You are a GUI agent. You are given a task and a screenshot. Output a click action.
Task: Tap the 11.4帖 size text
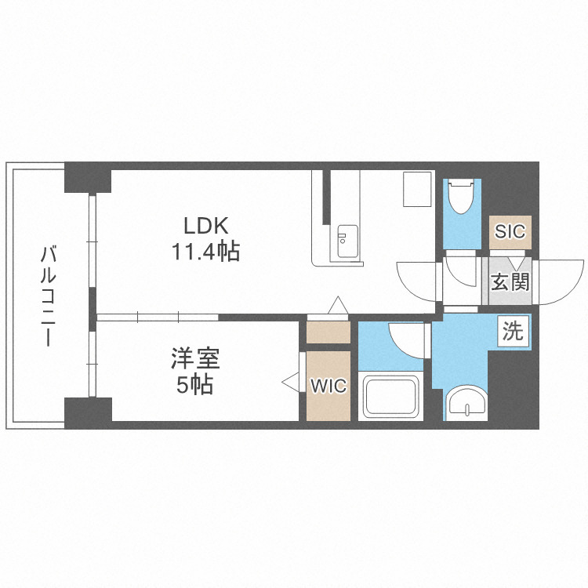pos(205,252)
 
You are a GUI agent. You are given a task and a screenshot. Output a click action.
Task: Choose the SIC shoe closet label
pos(510,231)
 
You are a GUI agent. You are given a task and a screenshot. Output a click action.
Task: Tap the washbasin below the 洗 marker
pos(467,402)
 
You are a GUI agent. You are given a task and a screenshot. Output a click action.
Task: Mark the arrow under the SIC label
pos(516,262)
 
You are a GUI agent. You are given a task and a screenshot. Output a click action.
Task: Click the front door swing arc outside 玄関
pos(558,282)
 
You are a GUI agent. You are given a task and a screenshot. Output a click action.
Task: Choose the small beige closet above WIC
pos(328,332)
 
